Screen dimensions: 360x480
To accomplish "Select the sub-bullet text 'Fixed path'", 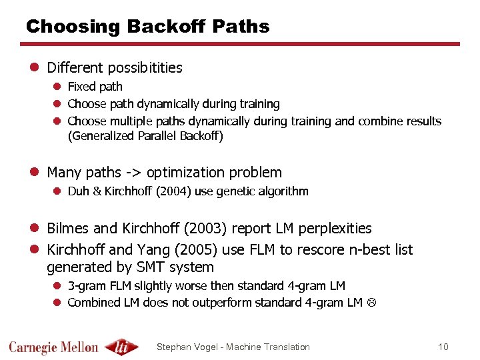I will click(95, 87).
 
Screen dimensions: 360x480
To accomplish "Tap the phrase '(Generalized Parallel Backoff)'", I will click(145, 137).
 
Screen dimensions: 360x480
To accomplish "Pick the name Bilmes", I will click(68, 229).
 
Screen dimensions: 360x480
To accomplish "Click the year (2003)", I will click(199, 229).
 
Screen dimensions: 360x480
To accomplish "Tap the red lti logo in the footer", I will click(122, 347).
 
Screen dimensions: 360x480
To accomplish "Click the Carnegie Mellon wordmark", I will click(53, 347).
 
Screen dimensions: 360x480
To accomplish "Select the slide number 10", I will click(443, 347).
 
